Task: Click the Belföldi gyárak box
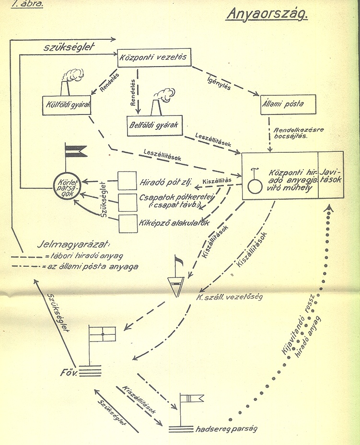[153, 124]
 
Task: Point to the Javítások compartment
[331, 175]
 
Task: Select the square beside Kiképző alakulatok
[128, 223]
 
